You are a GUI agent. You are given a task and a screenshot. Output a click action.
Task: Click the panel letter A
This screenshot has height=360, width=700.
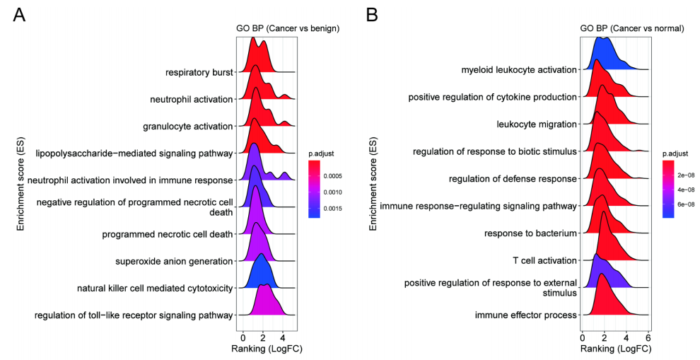coord(19,16)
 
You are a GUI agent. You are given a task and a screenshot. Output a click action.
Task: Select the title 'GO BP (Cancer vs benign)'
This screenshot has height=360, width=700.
coord(288,28)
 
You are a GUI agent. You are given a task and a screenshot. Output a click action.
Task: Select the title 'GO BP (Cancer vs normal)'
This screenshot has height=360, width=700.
coord(631,28)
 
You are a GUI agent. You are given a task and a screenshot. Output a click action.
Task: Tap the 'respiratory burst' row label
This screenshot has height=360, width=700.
coord(199,72)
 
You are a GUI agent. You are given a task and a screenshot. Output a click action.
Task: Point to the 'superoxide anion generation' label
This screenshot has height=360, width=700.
coord(174,262)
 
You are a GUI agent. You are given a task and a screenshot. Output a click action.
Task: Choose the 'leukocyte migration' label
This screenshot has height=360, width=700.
coord(537,124)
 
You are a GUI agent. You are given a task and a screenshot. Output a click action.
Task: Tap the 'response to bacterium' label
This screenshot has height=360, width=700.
coord(531,233)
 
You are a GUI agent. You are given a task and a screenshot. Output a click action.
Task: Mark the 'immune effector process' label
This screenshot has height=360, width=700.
coord(526,315)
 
